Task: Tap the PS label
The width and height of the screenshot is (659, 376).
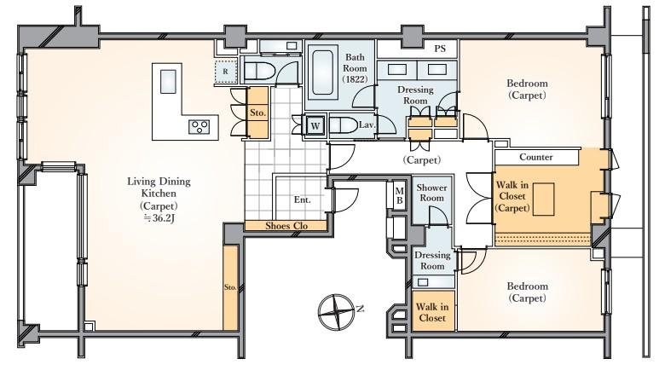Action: [440, 49]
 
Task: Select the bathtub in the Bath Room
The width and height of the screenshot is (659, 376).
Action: [322, 72]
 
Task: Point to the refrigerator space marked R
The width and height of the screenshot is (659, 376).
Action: [225, 72]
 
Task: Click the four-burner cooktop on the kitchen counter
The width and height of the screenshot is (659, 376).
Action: [200, 127]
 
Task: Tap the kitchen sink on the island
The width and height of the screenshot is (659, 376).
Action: [168, 80]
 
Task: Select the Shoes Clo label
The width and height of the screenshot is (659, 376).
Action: [286, 226]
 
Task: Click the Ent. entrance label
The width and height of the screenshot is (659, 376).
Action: [303, 200]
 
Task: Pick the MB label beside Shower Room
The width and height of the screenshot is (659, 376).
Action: [399, 195]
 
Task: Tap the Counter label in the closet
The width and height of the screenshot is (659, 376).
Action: [535, 158]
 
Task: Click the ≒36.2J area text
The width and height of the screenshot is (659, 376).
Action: [158, 217]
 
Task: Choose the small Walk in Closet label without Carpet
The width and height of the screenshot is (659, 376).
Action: [432, 312]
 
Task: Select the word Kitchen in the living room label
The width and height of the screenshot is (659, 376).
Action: [158, 194]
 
